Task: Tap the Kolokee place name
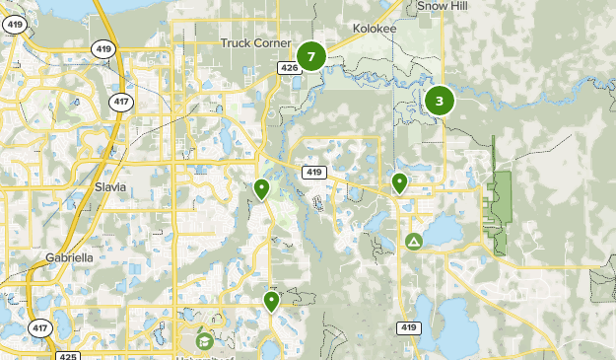click(375, 30)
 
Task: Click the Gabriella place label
click(69, 257)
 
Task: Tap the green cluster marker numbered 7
click(311, 56)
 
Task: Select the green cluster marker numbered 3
click(440, 99)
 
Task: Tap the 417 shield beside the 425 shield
click(39, 327)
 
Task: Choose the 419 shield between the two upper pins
click(314, 173)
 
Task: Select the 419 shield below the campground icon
click(409, 326)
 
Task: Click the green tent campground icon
click(414, 242)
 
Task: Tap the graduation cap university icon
click(204, 341)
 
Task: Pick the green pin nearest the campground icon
click(399, 182)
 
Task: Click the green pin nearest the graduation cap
click(271, 301)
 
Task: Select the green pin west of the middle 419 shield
click(261, 188)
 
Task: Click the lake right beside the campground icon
click(441, 233)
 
